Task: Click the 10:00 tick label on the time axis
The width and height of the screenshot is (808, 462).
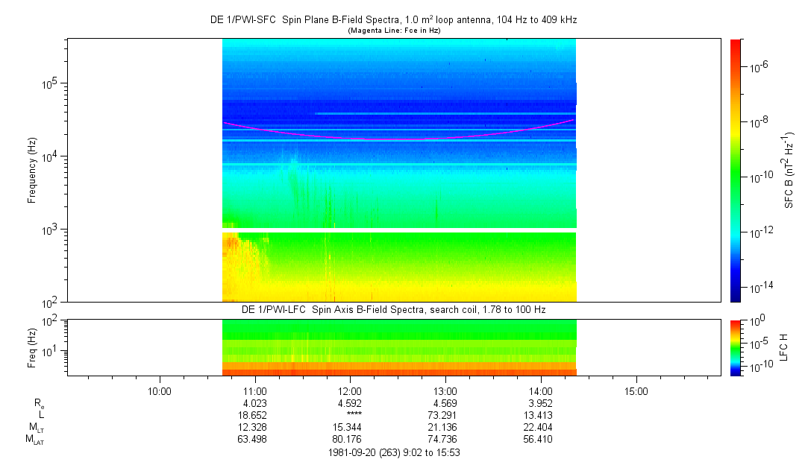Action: point(160,390)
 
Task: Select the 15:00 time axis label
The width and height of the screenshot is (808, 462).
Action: point(636,390)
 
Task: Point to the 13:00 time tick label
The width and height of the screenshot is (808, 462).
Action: point(445,390)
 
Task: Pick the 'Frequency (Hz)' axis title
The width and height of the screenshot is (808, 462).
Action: point(32,171)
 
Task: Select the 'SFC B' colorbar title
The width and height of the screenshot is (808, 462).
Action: point(789,171)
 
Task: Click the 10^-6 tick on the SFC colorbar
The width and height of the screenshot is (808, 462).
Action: point(758,67)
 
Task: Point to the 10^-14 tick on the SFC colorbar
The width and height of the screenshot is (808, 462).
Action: point(760,287)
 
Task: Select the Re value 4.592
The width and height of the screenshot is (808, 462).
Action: point(351,403)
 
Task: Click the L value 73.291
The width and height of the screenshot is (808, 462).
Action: point(445,415)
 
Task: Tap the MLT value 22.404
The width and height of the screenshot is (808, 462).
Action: point(541,427)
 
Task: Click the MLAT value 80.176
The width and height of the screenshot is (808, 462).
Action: point(351,439)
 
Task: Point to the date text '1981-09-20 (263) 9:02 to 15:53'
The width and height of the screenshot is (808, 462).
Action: point(398,452)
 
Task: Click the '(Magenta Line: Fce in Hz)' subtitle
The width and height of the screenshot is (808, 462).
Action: point(393,30)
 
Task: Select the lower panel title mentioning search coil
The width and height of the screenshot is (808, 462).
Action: point(393,309)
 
